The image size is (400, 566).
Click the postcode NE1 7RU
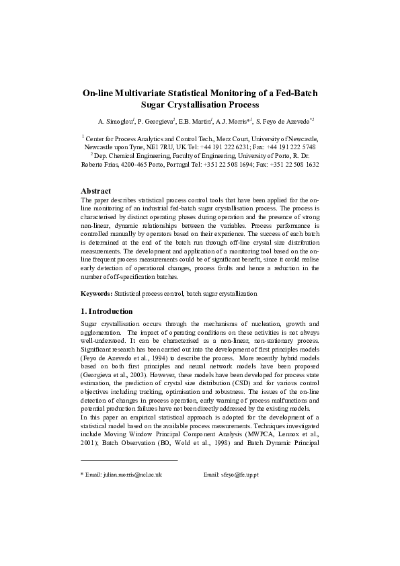(x=160, y=147)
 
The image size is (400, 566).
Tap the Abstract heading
(x=95, y=191)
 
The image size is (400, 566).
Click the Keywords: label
(x=97, y=294)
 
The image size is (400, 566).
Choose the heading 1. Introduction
(x=106, y=311)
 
